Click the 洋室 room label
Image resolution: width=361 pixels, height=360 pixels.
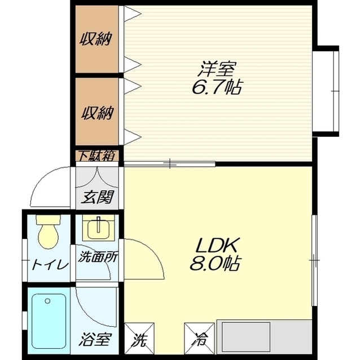click(x=216, y=69)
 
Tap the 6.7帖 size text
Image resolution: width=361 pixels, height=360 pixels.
click(x=217, y=87)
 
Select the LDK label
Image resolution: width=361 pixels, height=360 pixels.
click(x=216, y=245)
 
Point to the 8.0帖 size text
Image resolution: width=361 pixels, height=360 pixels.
click(x=215, y=263)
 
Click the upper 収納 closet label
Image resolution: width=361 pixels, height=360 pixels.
click(x=96, y=39)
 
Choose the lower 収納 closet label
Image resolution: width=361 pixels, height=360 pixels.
click(x=98, y=113)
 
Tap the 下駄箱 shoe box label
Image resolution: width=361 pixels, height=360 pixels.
click(x=97, y=156)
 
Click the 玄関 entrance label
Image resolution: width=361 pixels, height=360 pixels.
click(x=98, y=197)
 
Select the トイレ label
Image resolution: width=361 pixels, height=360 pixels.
click(x=50, y=265)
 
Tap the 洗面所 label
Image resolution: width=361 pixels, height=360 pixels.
click(x=98, y=257)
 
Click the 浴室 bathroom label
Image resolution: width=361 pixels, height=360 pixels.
click(x=95, y=339)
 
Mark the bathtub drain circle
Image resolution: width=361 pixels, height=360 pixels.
click(x=47, y=301)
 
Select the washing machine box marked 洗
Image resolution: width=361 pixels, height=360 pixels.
click(x=139, y=339)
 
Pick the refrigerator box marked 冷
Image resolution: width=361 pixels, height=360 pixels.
click(x=199, y=339)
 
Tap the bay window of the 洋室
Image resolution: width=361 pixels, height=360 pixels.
click(x=326, y=91)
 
